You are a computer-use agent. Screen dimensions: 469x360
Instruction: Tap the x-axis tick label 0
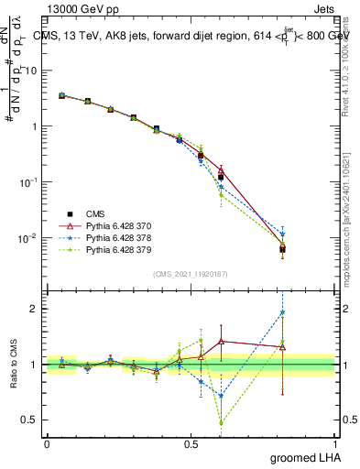click(47, 444)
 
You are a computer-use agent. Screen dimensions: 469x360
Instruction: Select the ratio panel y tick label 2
click(36, 309)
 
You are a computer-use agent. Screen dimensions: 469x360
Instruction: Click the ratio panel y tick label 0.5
click(32, 420)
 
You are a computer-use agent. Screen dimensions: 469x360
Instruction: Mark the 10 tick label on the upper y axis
click(34, 71)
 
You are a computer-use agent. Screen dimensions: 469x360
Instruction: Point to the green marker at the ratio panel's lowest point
click(221, 422)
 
